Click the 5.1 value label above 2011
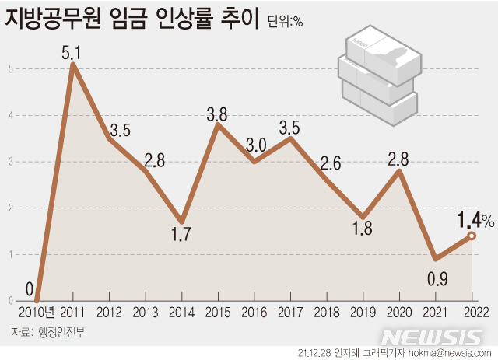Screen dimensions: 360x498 (x=73, y=53)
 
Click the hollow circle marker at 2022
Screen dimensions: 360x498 (x=471, y=236)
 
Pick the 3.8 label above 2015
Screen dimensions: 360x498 (x=217, y=114)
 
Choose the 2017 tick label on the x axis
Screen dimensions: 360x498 (x=290, y=312)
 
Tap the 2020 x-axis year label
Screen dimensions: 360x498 (x=398, y=312)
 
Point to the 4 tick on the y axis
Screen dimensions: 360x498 (x=10, y=115)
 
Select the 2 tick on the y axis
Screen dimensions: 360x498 (x=10, y=208)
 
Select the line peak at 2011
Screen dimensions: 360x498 (x=73, y=65)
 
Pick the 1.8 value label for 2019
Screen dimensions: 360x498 (x=362, y=230)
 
